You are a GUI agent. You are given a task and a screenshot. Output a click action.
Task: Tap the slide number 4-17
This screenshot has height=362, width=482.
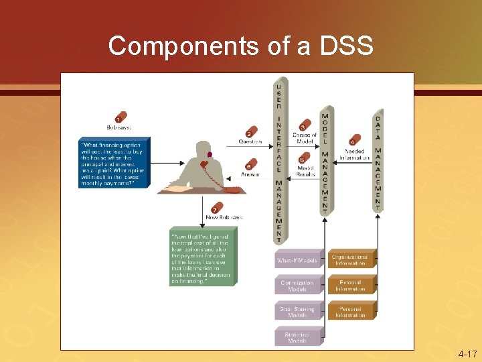pos(467,353)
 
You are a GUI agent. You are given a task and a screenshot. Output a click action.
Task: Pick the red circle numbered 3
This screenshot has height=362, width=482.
pos(305,125)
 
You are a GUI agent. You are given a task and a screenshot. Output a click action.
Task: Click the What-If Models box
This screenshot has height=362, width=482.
pos(298,259)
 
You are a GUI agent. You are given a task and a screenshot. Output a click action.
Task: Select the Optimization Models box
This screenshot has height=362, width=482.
pos(298,286)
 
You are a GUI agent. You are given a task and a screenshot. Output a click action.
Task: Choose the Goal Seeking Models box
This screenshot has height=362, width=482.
pos(298,311)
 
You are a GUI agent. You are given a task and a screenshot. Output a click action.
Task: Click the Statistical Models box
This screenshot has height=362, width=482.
pos(298,337)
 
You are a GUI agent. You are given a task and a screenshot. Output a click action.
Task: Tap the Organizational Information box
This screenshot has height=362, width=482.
pos(350,259)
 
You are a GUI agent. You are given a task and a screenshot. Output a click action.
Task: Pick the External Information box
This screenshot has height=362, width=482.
pos(350,286)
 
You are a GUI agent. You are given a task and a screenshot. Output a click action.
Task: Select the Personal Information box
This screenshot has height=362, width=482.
pos(350,311)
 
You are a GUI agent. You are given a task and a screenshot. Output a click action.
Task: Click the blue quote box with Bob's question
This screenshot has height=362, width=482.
pos(114,163)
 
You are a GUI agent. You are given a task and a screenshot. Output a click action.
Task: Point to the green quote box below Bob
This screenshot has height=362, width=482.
pos(203,258)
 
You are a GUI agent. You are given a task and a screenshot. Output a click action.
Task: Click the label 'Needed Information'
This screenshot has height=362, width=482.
pos(354,154)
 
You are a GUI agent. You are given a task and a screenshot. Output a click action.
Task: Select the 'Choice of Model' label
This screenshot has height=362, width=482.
pos(305,138)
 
